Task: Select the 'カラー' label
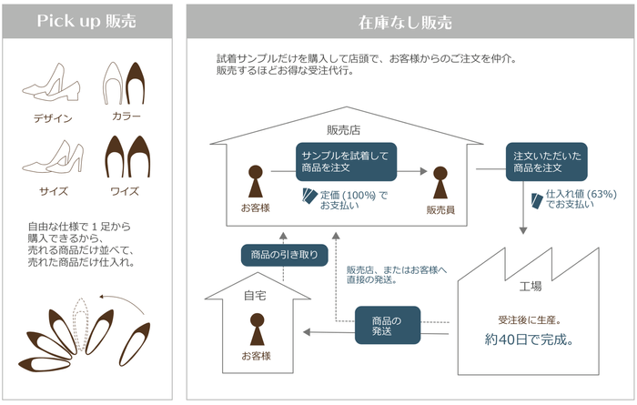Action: tap(126, 116)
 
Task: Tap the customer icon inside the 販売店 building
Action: tap(257, 180)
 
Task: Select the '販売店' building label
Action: tap(345, 130)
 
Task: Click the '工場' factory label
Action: tap(531, 286)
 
